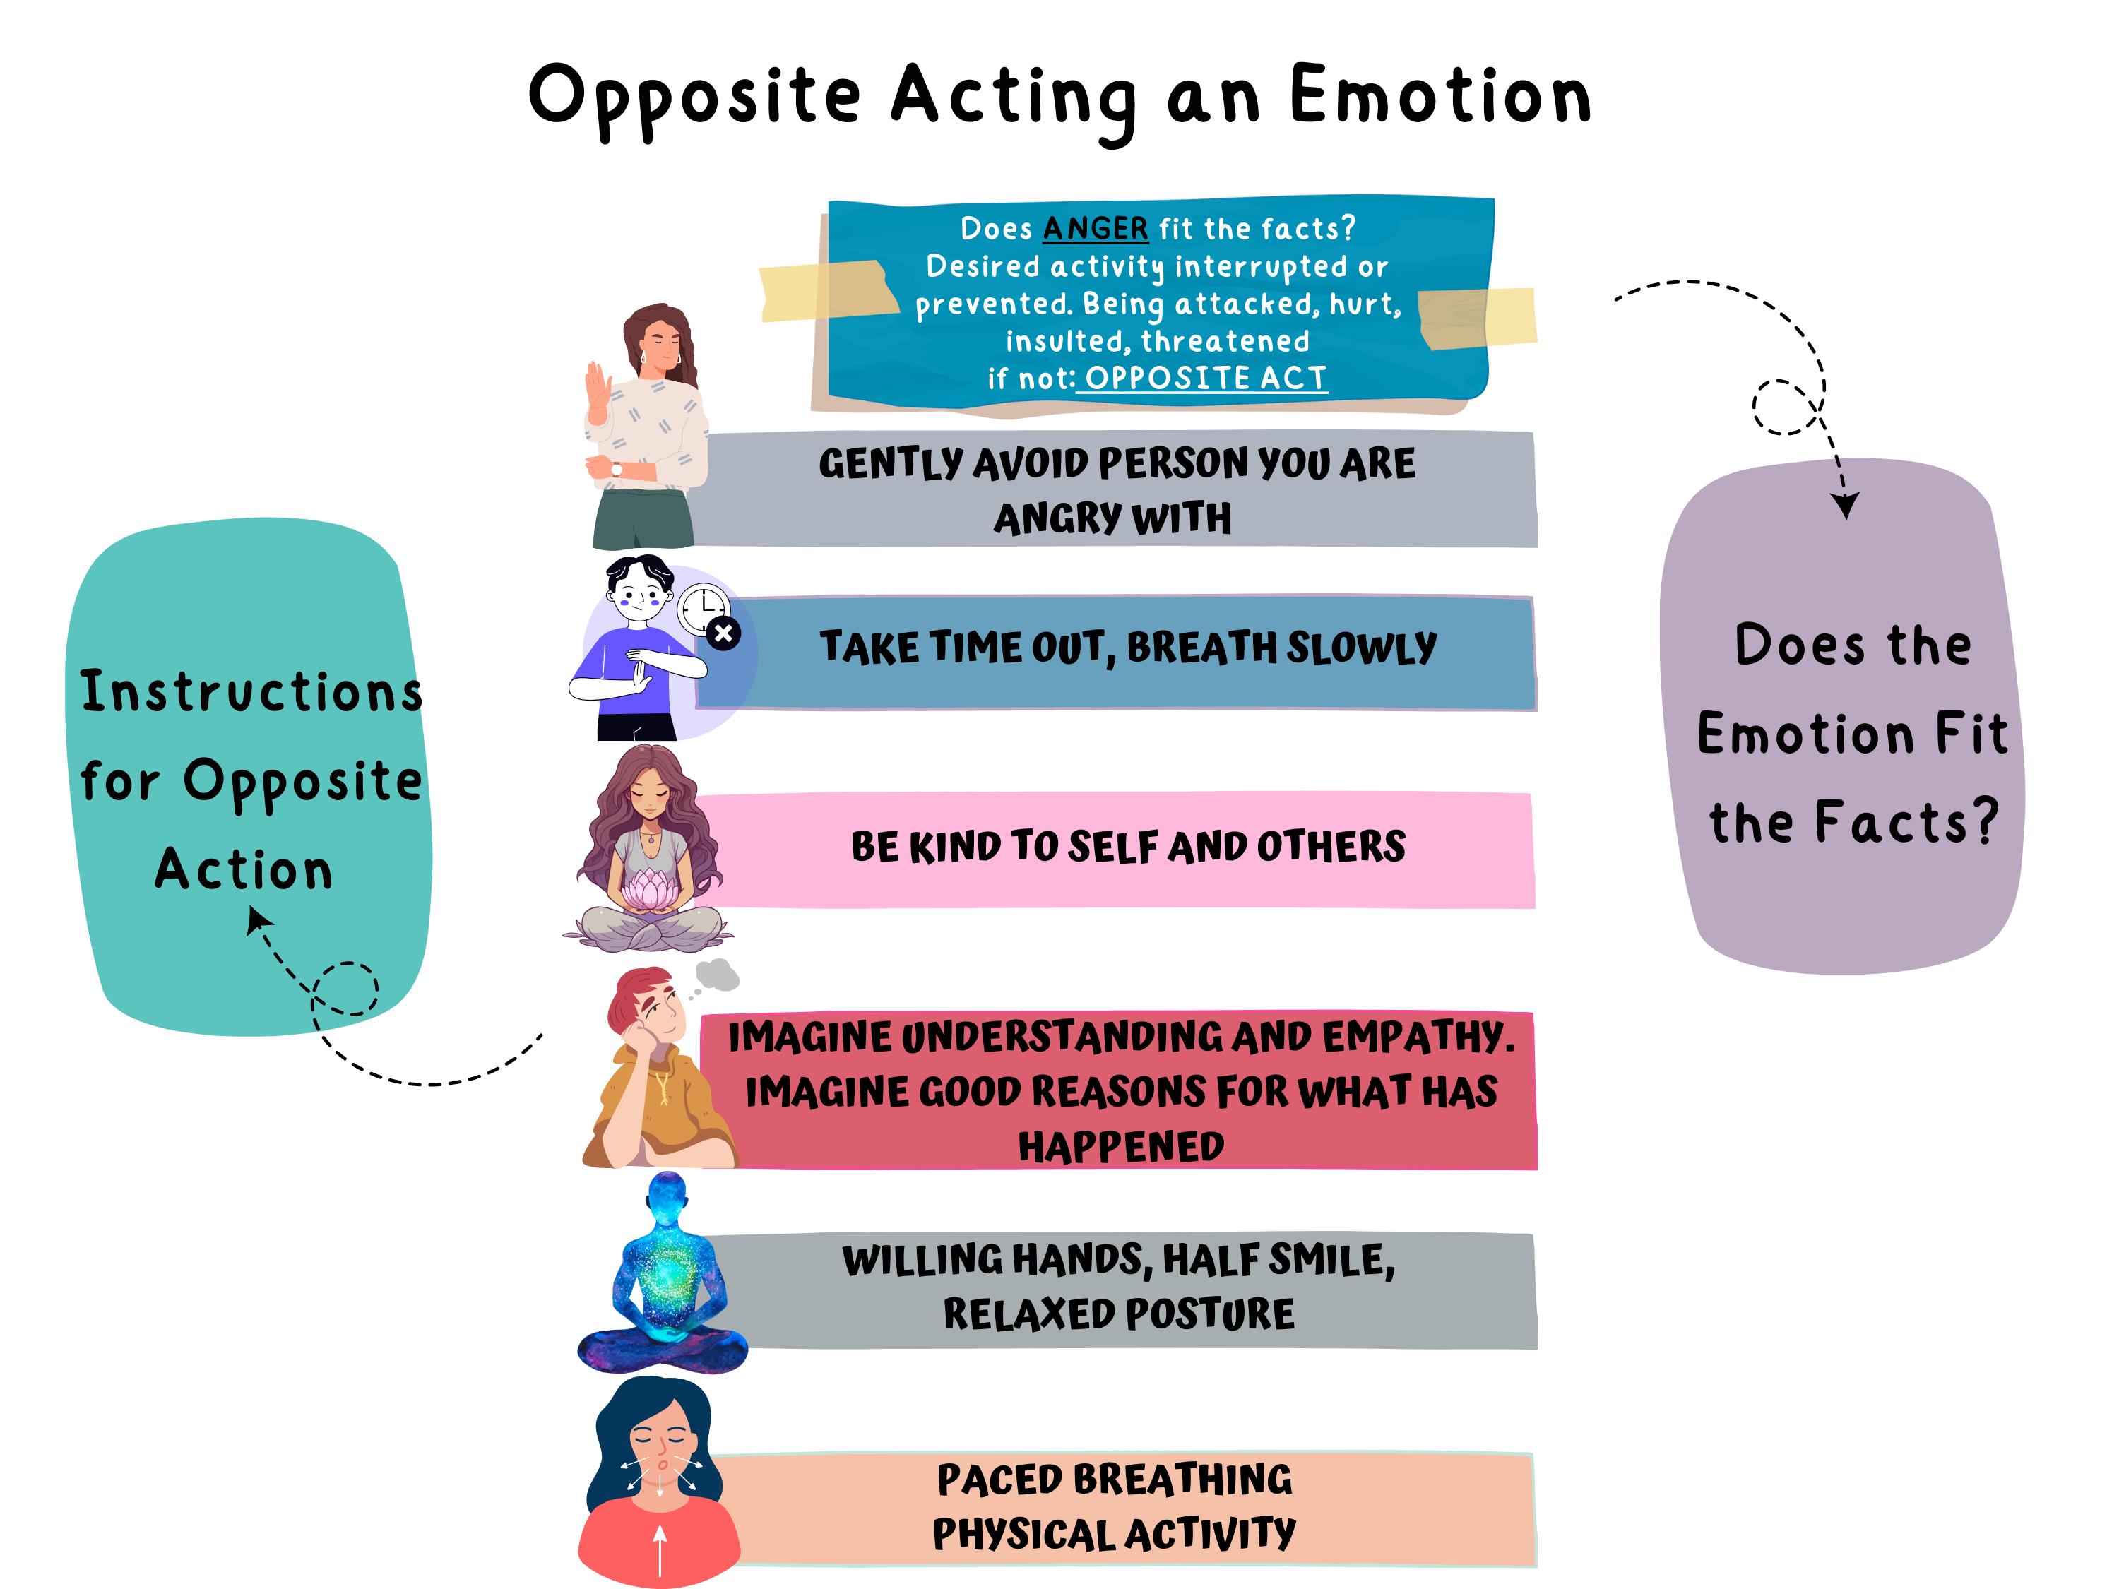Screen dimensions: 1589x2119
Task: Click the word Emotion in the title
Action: pyautogui.click(x=1440, y=96)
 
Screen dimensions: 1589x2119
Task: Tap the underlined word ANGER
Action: pyautogui.click(x=1095, y=229)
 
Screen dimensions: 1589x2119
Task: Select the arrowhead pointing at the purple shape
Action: pyautogui.click(x=1846, y=505)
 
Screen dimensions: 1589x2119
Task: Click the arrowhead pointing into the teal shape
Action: pyautogui.click(x=256, y=920)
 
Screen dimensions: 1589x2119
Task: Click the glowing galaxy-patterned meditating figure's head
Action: pyautogui.click(x=667, y=1194)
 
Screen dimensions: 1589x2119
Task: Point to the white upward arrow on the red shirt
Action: pyautogui.click(x=660, y=1546)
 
